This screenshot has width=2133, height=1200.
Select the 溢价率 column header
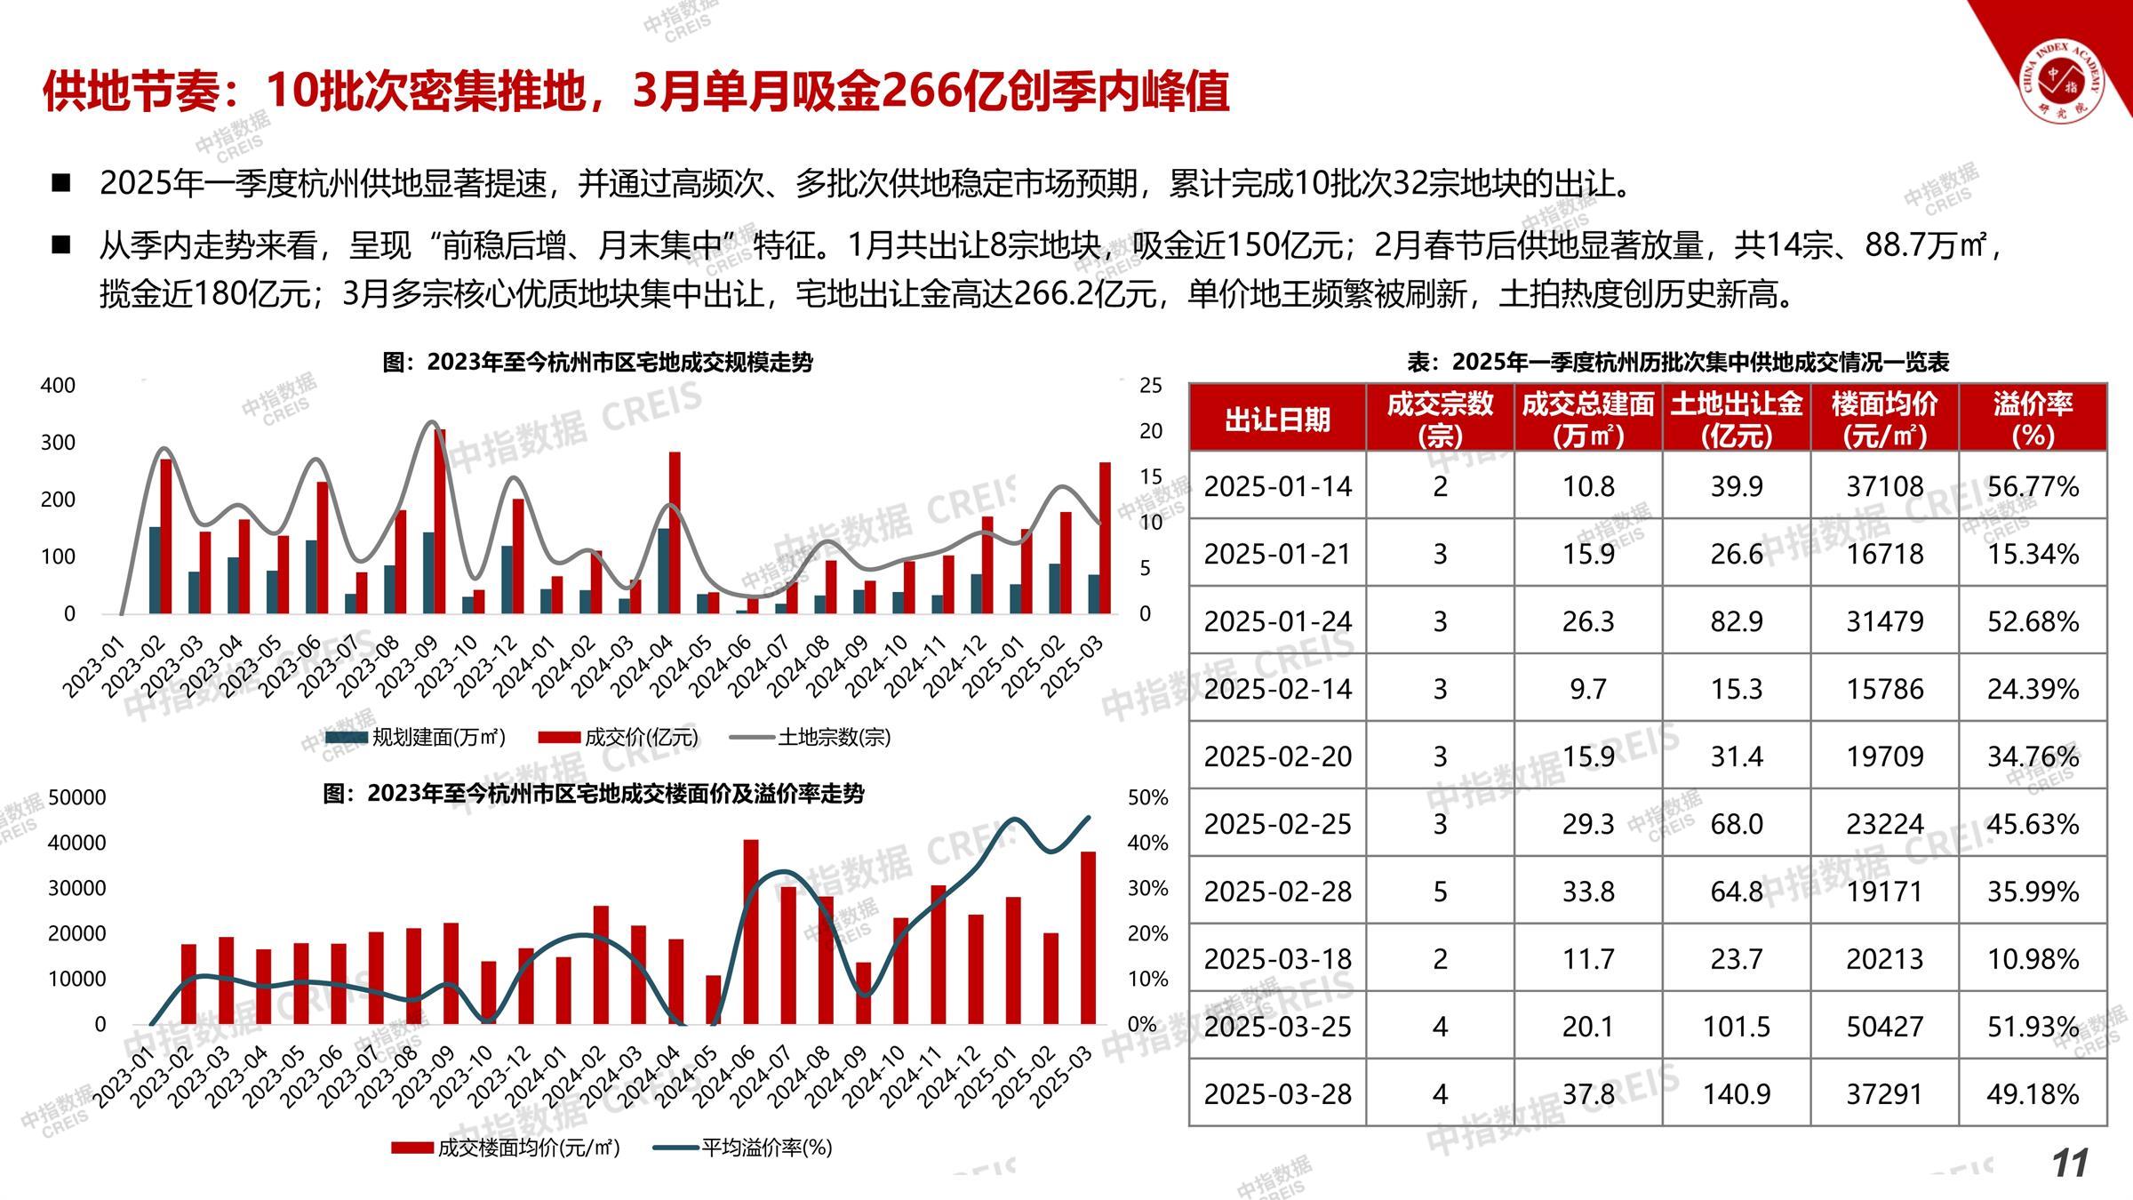pyautogui.click(x=2033, y=418)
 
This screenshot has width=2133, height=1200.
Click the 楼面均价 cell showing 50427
pyautogui.click(x=1884, y=1027)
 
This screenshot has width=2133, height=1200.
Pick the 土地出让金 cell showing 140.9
pyautogui.click(x=1736, y=1094)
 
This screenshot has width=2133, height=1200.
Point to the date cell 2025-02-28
pyautogui.click(x=1277, y=892)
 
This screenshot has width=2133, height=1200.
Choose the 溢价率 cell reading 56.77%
pyautogui.click(x=2033, y=486)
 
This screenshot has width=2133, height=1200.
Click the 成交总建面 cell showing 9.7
pyautogui.click(x=1587, y=689)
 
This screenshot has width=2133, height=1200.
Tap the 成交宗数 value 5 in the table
pyautogui.click(x=1440, y=892)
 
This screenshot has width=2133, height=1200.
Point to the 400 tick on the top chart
pyautogui.click(x=59, y=386)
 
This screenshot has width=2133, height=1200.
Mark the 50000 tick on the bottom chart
pyautogui.click(x=76, y=797)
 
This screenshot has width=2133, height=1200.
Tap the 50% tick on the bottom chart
pyautogui.click(x=1147, y=798)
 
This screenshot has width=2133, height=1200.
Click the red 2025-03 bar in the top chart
pyautogui.click(x=1105, y=538)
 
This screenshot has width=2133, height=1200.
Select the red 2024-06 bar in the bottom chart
pyautogui.click(x=751, y=932)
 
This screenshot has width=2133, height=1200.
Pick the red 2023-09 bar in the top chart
pyautogui.click(x=440, y=522)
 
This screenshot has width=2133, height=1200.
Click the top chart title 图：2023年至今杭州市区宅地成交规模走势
pyautogui.click(x=597, y=363)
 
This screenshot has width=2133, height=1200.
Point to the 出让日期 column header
pyautogui.click(x=1277, y=419)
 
